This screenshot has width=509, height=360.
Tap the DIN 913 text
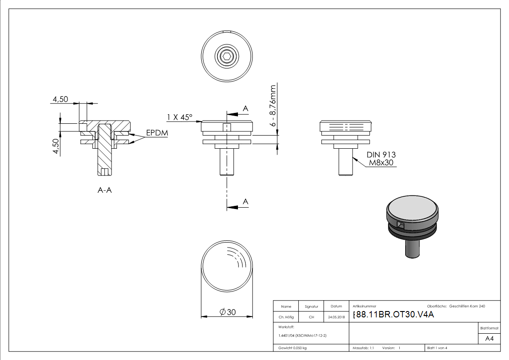click(x=381, y=155)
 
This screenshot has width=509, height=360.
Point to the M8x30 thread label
click(x=381, y=162)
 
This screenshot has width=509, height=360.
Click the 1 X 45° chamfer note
click(x=179, y=117)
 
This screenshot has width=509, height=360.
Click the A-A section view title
click(x=105, y=190)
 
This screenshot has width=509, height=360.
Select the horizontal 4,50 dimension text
click(x=60, y=99)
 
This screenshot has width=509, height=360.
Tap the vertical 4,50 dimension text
click(x=56, y=146)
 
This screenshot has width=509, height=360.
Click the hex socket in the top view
click(x=227, y=57)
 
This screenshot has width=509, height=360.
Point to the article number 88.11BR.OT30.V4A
click(x=393, y=315)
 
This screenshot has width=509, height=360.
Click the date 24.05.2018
click(x=336, y=317)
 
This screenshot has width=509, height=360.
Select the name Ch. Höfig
click(x=286, y=317)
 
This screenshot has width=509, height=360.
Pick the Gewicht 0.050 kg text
click(x=292, y=348)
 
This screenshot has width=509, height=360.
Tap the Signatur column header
click(x=311, y=306)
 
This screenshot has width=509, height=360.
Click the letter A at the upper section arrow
click(x=246, y=108)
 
